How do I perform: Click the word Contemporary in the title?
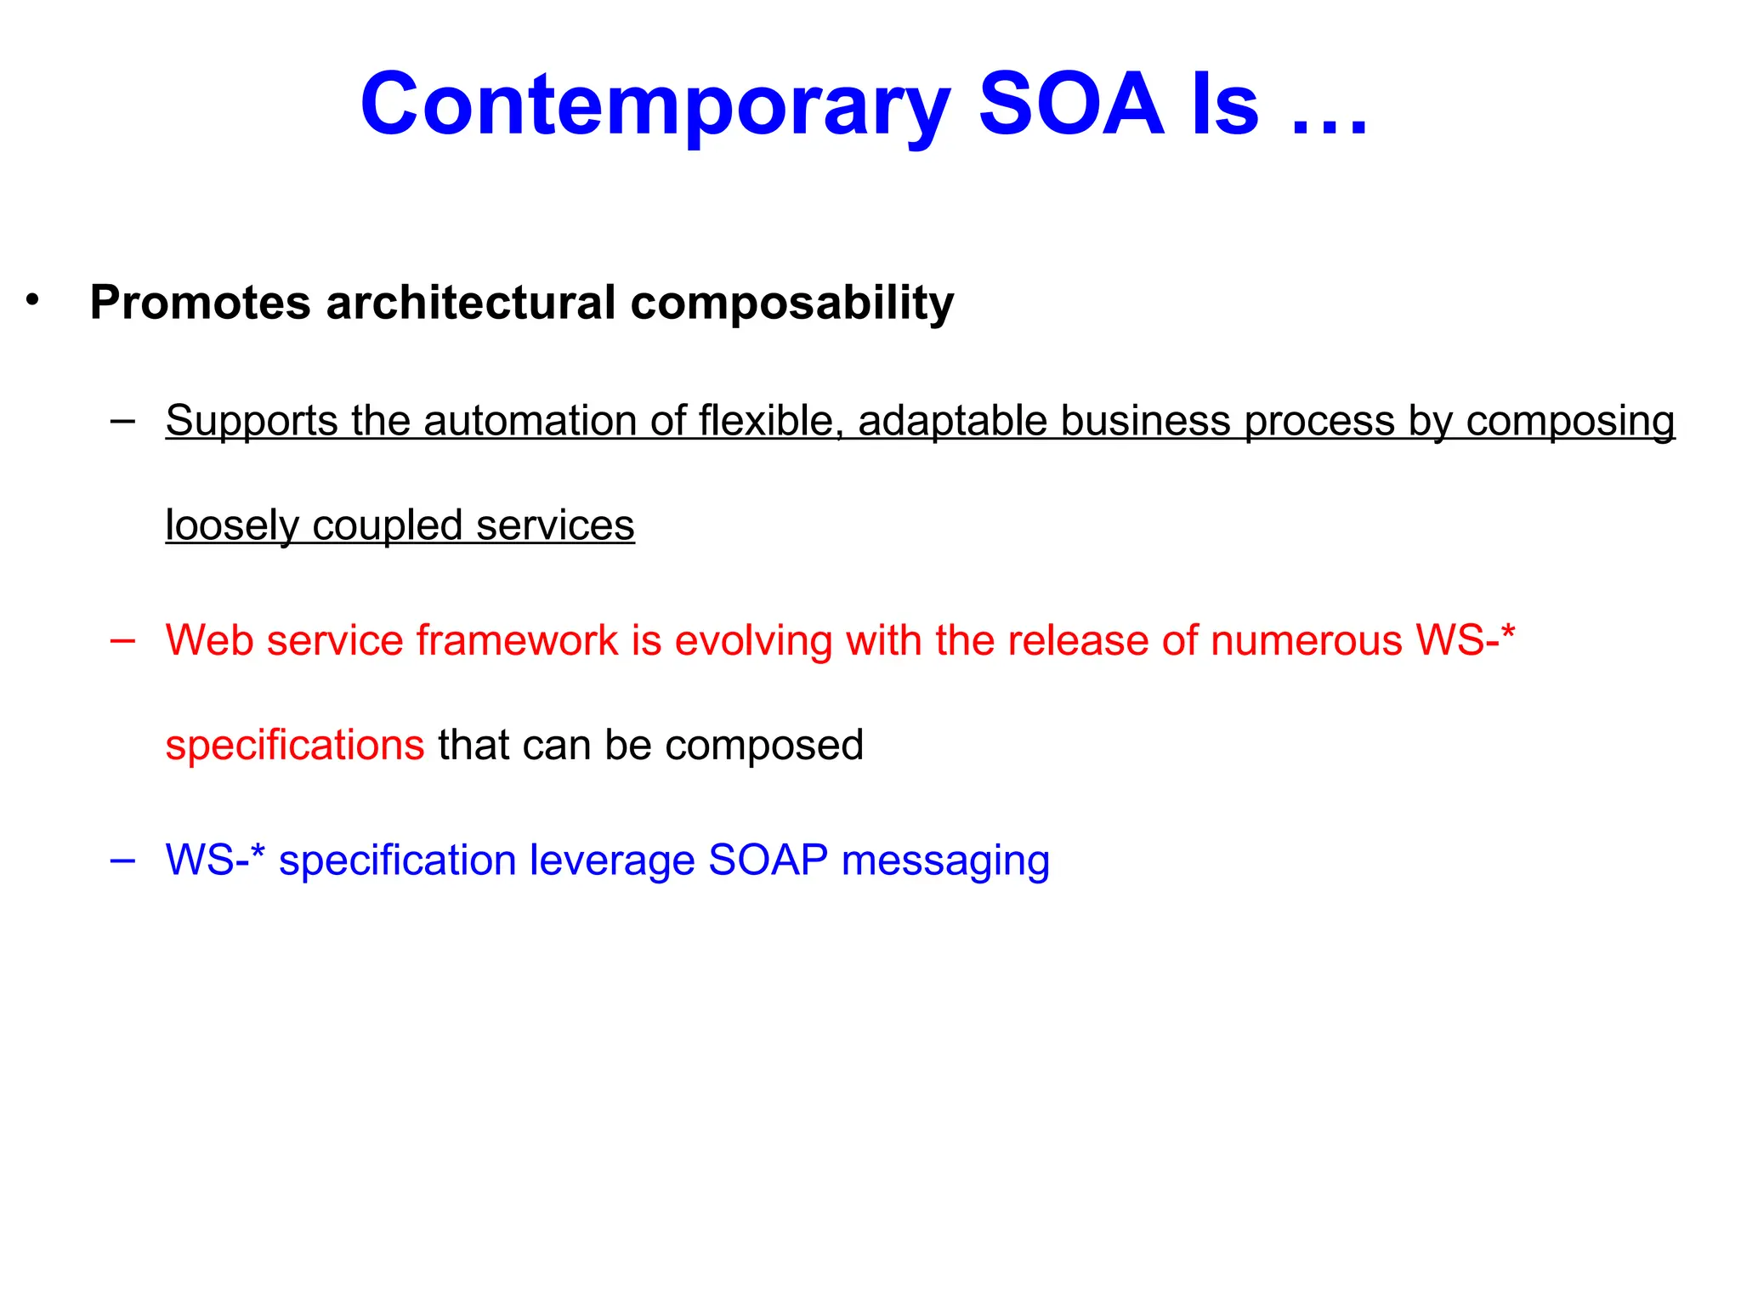tap(653, 105)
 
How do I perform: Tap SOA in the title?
tap(1071, 104)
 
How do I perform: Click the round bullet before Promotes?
tap(32, 300)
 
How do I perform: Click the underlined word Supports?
tap(251, 421)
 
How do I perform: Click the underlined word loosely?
tap(230, 525)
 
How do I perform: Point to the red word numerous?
tap(1307, 640)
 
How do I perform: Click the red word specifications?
tap(294, 745)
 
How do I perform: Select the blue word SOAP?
tap(768, 860)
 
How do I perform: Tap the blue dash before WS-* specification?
tap(122, 860)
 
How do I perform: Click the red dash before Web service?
tap(122, 640)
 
